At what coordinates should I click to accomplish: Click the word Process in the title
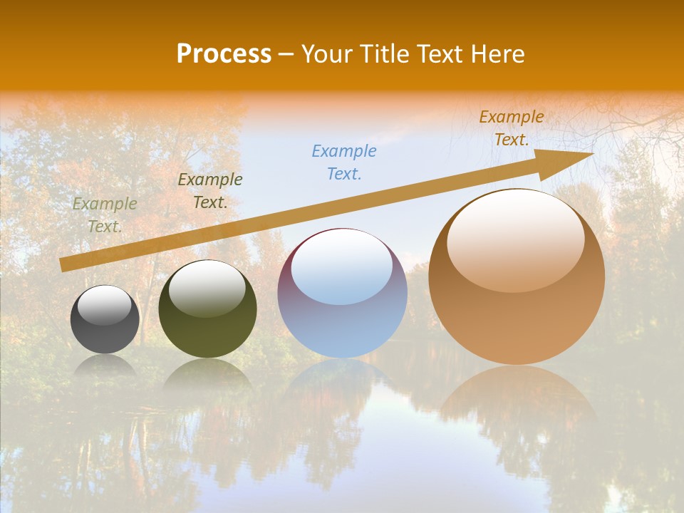click(224, 54)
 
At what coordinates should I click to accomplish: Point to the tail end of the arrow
click(66, 264)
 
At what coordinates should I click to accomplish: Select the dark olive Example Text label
click(210, 191)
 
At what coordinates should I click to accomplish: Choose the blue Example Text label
click(344, 162)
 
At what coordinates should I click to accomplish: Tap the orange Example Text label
click(512, 128)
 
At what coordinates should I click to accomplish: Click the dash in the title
click(286, 54)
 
